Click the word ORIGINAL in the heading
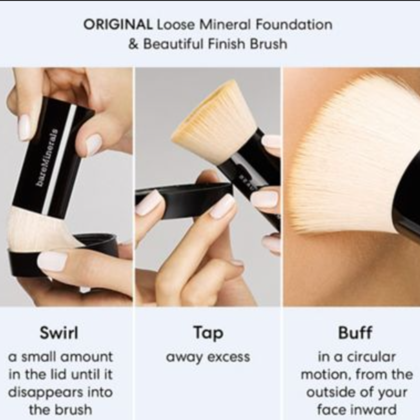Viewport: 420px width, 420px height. [118, 25]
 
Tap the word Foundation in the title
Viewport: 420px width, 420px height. [294, 25]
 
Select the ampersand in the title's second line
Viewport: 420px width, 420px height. [133, 44]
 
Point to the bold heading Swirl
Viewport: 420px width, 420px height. [59, 333]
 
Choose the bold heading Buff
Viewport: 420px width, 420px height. [355, 333]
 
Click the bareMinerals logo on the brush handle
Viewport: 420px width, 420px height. [47, 157]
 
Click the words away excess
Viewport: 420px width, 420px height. [208, 358]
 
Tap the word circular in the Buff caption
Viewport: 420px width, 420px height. [371, 357]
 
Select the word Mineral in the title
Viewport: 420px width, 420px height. [225, 25]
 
